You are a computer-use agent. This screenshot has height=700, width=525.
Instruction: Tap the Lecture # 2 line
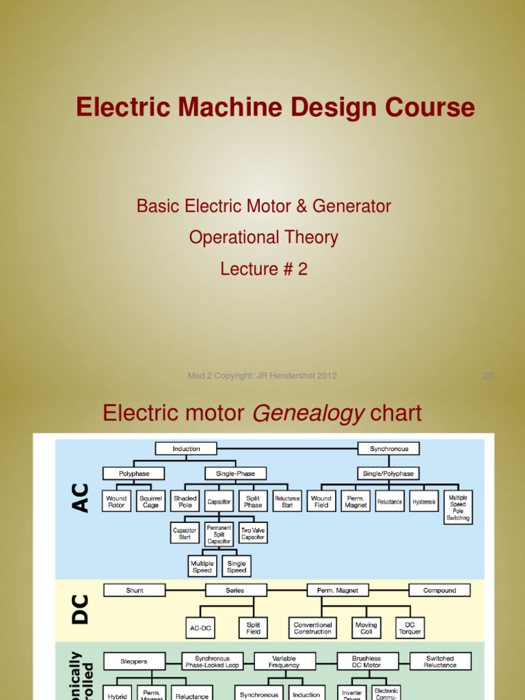263,269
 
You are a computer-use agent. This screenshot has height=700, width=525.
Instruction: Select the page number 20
488,375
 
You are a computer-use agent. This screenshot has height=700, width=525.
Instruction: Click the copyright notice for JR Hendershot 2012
262,375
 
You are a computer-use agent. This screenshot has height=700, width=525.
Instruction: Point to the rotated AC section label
80,498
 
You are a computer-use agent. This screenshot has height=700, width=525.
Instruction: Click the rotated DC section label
80,608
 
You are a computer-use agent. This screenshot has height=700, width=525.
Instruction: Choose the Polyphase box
134,473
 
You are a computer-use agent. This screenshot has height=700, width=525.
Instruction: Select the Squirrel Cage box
150,501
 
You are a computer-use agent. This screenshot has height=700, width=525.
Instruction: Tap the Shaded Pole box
185,501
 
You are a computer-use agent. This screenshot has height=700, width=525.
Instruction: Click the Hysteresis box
424,501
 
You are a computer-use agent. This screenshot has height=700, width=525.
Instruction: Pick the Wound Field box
321,501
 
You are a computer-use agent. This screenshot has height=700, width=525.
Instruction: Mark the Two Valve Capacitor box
253,533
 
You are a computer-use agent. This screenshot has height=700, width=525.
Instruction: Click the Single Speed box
237,566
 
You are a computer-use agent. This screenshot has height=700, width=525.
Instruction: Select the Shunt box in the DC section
135,590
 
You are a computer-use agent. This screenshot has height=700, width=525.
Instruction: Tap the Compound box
440,590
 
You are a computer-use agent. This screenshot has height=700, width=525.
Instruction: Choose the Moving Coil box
366,628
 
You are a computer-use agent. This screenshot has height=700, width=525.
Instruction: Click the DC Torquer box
411,628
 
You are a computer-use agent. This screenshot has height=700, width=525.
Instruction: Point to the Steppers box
134,661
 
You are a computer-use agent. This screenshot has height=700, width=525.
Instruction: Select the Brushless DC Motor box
366,661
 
